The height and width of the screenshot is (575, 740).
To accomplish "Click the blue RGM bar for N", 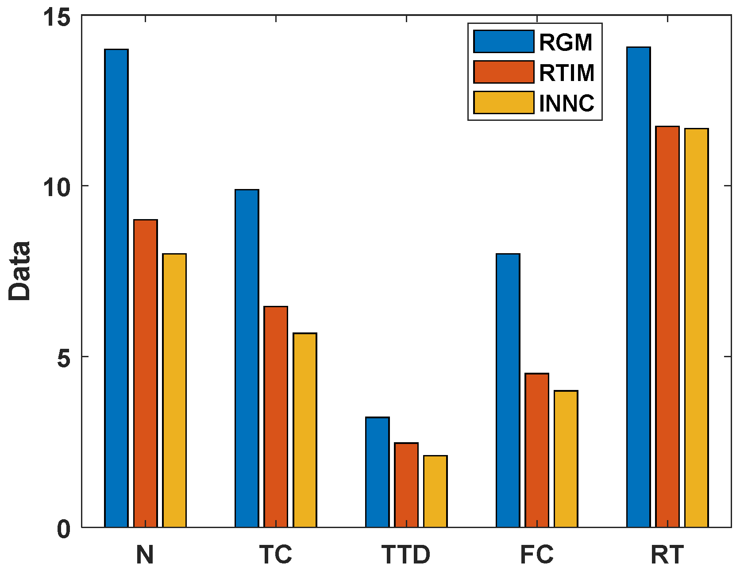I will click(116, 288).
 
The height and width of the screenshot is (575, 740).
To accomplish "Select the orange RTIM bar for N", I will click(146, 373).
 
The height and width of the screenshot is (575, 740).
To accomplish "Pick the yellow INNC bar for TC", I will click(305, 430).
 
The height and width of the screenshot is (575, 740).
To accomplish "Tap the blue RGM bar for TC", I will click(247, 358).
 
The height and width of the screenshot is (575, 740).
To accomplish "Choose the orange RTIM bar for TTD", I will click(406, 485).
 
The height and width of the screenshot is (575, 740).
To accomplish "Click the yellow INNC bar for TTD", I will click(436, 491).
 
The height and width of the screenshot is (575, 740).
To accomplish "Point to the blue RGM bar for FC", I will click(508, 390).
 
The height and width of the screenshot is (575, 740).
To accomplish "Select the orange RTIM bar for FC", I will click(537, 450).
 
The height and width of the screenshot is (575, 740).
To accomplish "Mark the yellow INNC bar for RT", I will click(697, 328).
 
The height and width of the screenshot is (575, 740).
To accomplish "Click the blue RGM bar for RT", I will click(639, 287).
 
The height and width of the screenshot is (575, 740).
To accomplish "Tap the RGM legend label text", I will click(566, 42).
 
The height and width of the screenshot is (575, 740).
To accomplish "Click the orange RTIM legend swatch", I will click(504, 72).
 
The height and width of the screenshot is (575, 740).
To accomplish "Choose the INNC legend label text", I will click(567, 103).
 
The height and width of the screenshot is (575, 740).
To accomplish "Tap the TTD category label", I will click(406, 555).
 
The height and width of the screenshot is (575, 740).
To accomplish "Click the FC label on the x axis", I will click(536, 555).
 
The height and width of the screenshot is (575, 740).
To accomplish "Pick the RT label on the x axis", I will click(667, 555).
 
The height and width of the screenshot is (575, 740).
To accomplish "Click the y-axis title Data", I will click(20, 271).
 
